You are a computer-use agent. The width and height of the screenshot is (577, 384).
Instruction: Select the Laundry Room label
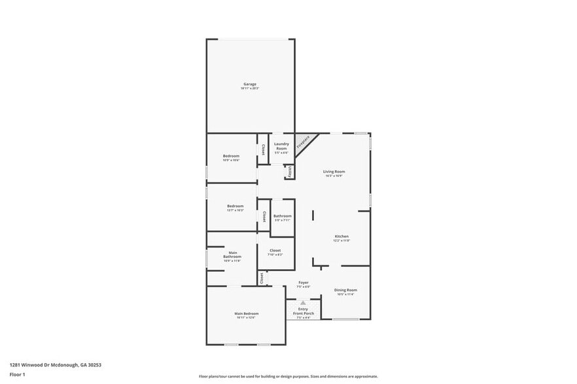coord(281,148)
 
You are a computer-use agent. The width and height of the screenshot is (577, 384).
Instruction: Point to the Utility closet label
coord(289,171)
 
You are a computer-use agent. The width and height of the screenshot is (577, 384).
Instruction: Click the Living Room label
coord(334,173)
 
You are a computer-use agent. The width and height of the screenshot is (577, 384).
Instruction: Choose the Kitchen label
coord(341,238)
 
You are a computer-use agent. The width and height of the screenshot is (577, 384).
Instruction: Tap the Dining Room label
coord(345,291)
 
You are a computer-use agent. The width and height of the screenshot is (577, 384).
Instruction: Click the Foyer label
coord(303,284)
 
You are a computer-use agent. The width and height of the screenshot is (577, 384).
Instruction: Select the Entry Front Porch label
coord(303,312)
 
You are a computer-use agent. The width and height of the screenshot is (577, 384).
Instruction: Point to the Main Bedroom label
coord(247,315)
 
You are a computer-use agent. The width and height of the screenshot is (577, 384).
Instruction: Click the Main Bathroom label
coord(232,256)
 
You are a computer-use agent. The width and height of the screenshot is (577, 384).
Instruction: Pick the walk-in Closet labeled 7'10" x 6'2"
coord(275,251)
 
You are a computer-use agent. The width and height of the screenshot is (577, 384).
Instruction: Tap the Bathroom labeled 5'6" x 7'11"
coord(283,217)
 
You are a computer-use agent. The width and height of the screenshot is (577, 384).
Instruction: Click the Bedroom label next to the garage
coord(231,157)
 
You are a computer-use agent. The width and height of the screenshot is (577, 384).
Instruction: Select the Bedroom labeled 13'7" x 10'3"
coord(235,207)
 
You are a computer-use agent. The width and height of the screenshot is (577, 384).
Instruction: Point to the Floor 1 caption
coord(17,374)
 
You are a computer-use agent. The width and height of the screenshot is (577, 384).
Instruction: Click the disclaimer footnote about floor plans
coord(288,376)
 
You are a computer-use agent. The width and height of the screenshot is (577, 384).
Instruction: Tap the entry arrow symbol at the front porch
coord(303,303)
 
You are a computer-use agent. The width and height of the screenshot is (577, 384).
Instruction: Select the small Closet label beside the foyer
coord(262,279)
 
